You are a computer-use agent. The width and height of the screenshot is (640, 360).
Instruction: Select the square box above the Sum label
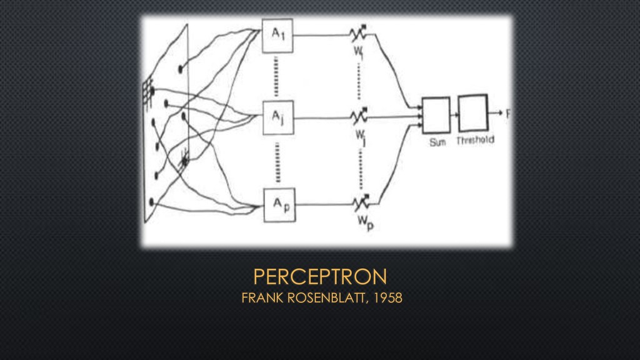tap(436, 113)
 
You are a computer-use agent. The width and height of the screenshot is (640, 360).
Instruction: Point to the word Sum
tap(437, 142)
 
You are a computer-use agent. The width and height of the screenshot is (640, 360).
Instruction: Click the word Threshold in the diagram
tap(475, 141)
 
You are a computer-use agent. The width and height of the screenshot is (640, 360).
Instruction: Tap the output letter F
tap(508, 114)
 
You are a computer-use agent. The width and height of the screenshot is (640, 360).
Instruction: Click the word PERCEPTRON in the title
tap(320, 276)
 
